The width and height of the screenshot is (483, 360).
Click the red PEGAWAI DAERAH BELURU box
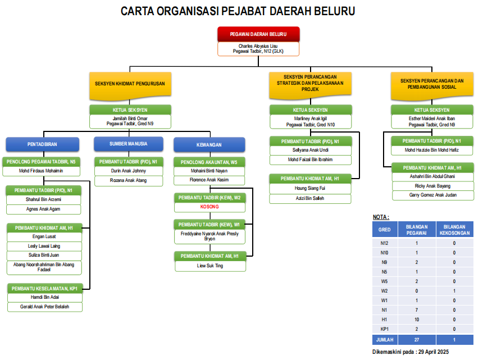(258, 34)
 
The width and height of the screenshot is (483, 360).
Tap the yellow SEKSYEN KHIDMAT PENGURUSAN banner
(130, 84)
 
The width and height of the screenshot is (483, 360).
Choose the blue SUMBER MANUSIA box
(129, 144)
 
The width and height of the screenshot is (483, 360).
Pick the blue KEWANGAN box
(209, 144)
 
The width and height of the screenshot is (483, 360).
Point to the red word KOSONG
(209, 207)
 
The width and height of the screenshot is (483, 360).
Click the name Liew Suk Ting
(209, 266)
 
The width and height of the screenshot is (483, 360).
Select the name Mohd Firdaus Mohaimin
(41, 171)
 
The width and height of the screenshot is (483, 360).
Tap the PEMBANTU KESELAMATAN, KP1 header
(44, 288)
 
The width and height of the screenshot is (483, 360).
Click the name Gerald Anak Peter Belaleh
(44, 307)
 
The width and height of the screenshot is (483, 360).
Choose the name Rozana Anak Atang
(129, 180)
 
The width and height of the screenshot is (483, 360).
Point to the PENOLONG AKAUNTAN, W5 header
(209, 162)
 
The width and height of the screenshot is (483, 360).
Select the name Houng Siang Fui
(310, 188)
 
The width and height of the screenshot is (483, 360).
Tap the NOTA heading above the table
(381, 217)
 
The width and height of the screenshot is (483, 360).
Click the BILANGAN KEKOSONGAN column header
(454, 229)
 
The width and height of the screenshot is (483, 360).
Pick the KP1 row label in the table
(385, 329)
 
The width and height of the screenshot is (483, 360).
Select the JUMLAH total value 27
(417, 340)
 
